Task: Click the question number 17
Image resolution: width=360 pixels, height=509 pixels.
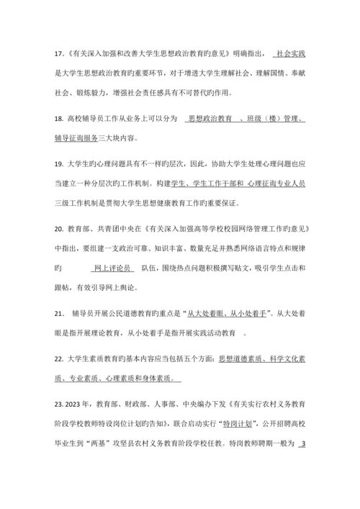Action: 60,53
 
